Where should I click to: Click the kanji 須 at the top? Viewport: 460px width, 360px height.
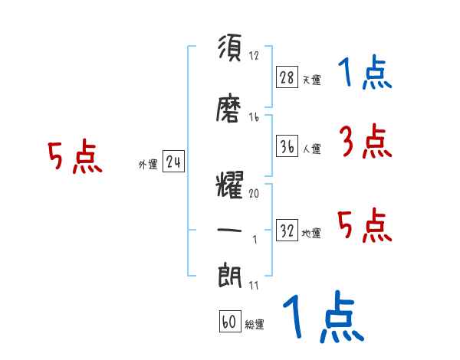point(230,50)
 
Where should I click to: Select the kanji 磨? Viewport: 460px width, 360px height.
point(230,110)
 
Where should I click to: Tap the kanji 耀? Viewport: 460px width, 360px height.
point(230,186)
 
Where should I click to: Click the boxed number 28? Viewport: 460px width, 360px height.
point(286,77)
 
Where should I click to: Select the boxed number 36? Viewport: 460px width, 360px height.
point(286,146)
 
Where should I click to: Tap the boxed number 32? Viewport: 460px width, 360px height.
point(287,231)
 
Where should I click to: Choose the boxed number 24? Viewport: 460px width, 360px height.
point(173,162)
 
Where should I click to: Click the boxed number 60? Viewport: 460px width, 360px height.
point(228,322)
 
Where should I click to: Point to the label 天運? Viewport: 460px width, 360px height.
point(311,80)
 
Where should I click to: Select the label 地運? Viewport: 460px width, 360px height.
point(311,234)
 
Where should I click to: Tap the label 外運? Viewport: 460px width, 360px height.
point(148,165)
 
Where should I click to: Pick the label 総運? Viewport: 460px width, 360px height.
point(255,325)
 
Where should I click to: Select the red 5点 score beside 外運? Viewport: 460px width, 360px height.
point(74,157)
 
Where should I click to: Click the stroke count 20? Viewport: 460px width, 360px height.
point(254,194)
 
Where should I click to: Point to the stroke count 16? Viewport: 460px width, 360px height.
point(254,117)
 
